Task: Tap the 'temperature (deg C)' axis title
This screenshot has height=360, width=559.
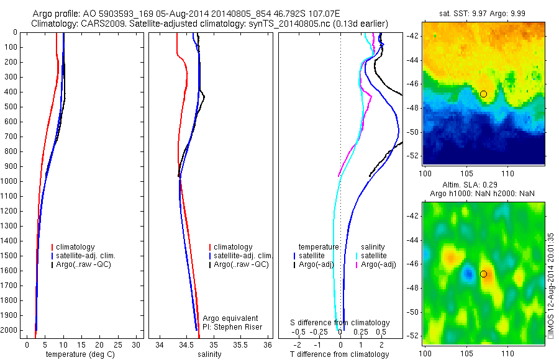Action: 80,354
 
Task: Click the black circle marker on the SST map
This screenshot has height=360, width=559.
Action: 483,94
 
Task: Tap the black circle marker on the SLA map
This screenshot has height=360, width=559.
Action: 483,274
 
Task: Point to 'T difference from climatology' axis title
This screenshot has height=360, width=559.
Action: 340,354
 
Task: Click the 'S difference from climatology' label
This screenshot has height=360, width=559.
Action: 340,323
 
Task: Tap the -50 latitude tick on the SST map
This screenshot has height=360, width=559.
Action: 414,132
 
